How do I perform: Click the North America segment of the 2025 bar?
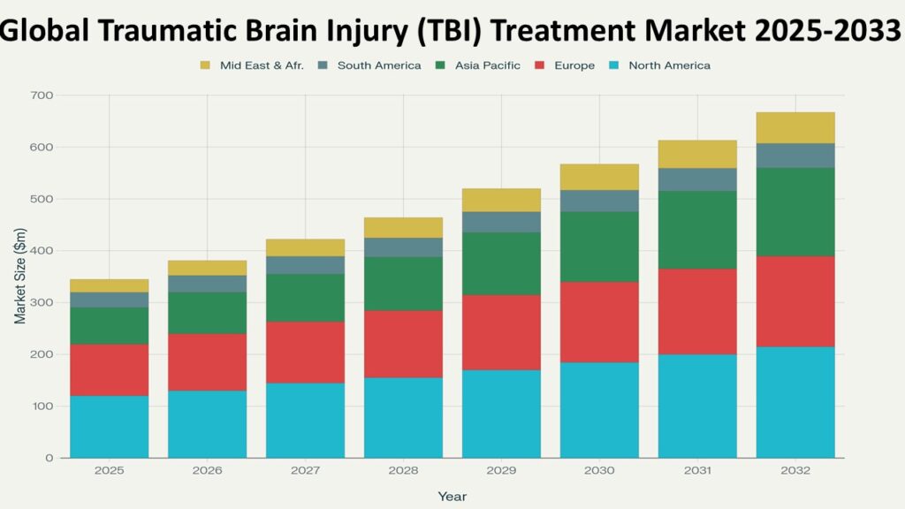tap(110, 426)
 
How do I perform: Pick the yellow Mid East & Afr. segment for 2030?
tap(599, 177)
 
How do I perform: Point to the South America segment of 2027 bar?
tap(306, 265)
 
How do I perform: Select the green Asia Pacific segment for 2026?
tap(208, 313)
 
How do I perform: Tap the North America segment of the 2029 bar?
tap(501, 413)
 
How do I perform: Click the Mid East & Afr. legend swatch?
tap(206, 65)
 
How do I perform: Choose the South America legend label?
tap(379, 65)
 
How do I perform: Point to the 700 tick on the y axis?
tap(42, 95)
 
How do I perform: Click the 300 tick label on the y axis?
tap(42, 303)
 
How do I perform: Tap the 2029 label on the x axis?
tap(501, 471)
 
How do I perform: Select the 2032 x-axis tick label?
tap(795, 471)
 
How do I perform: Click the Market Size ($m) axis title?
tap(19, 277)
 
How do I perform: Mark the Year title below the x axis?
tap(452, 497)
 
